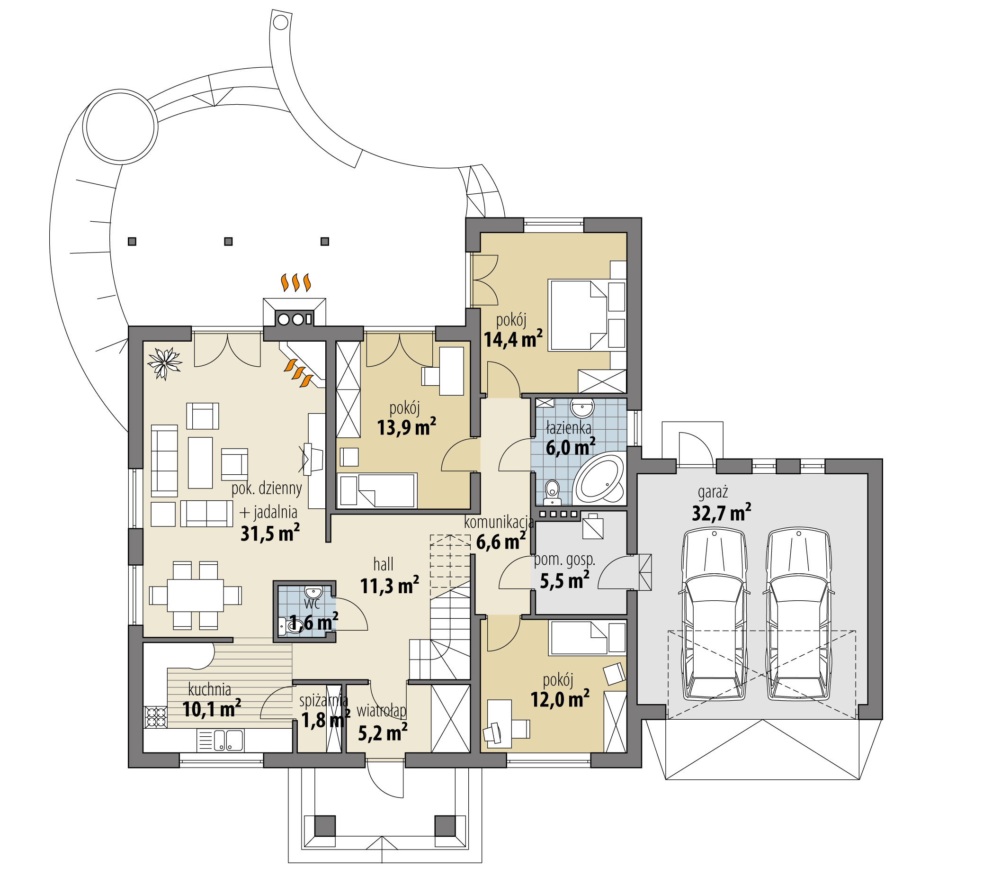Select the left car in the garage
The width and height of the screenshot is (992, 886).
[714, 615]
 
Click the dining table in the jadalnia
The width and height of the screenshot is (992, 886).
[195, 595]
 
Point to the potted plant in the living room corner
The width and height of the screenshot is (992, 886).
[164, 362]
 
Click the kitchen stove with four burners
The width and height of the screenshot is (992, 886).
[156, 716]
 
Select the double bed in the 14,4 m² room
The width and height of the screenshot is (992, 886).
[577, 315]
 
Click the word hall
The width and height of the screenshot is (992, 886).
[383, 565]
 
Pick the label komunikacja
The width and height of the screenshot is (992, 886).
[499, 522]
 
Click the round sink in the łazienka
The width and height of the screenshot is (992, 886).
[582, 408]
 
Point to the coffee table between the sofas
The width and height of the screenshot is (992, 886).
[200, 462]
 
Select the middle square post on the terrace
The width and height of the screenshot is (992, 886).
[228, 242]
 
